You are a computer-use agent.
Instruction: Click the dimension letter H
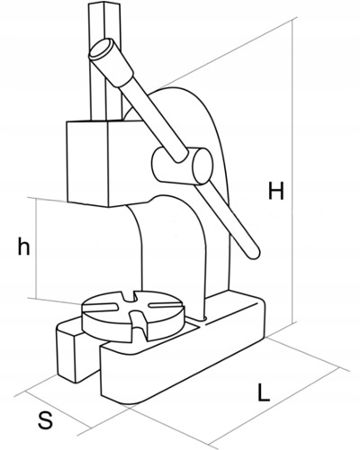coord(275,191)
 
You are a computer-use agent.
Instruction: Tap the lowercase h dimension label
coord(23,246)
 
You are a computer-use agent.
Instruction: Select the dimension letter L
coord(264,391)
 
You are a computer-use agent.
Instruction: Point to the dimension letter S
coord(45,420)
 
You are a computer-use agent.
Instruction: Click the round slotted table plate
coord(132,315)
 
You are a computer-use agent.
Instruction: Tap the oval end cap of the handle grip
coord(101,48)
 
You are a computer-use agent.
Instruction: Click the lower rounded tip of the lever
coord(254,253)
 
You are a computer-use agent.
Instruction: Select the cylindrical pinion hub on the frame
coord(183,166)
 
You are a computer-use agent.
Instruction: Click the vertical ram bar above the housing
coord(105,61)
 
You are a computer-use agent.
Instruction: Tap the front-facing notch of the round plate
coord(139,327)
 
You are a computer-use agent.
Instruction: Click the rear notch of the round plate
coord(129,296)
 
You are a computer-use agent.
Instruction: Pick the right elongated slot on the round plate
coord(165,303)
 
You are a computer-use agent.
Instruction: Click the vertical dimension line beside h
coord(36,248)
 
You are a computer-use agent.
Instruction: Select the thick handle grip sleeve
coord(111,63)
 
